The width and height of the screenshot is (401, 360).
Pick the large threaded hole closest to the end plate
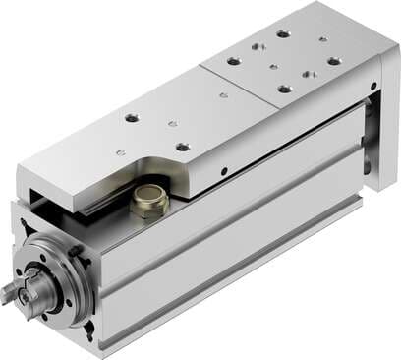coord(333,61)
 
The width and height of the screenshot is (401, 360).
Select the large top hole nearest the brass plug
coord(183,147)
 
